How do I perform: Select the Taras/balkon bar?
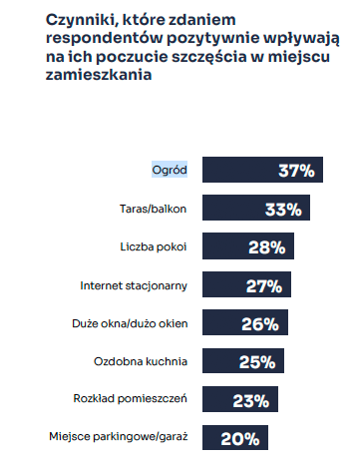(x=255, y=209)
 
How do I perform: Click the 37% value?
(x=295, y=171)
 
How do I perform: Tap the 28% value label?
(x=269, y=246)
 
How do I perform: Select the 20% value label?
(x=240, y=437)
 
